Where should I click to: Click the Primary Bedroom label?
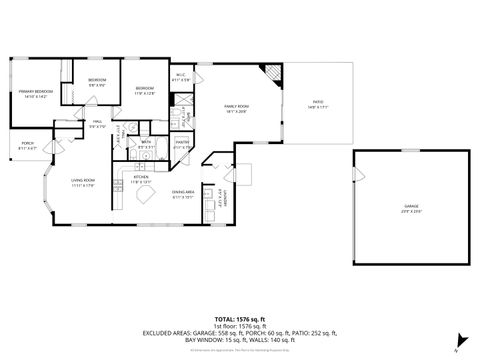point(34,94)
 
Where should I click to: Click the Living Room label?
point(83,182)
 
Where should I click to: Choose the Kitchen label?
point(141,180)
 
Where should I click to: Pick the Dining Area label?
point(182,193)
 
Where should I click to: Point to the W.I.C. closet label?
point(181,76)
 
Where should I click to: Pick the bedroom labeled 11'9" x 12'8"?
point(145,90)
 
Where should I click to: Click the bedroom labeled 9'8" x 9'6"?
point(97,81)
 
